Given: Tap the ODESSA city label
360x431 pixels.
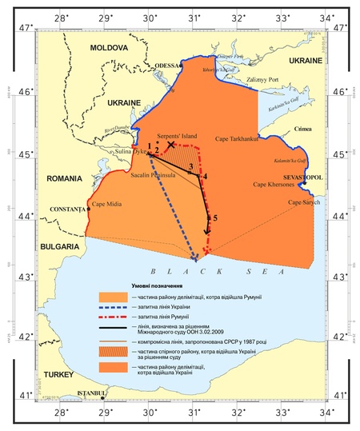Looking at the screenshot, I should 169,66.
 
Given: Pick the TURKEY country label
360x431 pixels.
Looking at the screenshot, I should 58,373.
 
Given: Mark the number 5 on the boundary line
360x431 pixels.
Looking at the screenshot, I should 214,217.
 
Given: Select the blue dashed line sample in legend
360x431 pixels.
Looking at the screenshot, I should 114,308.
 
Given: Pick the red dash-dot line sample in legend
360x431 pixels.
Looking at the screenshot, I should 114,319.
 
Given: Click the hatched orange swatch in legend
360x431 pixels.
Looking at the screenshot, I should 114,353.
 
